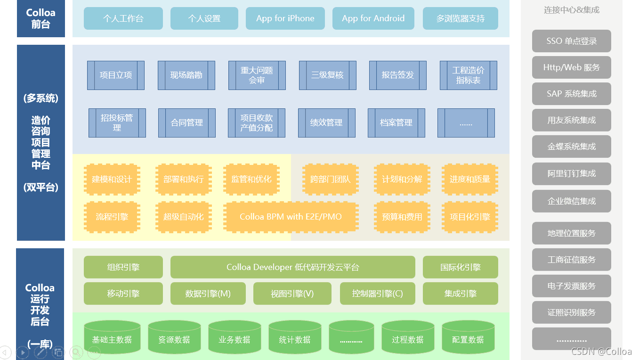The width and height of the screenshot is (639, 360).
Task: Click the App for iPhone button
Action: point(285,18)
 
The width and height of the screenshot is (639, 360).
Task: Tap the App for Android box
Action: point(373,18)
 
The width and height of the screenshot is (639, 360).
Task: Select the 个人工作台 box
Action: point(123,18)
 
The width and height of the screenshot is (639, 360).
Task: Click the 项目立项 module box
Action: point(116,75)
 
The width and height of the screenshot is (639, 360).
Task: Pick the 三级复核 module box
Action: point(327,75)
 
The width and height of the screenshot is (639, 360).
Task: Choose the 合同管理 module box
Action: point(187,123)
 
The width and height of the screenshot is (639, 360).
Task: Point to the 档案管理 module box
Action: point(396,123)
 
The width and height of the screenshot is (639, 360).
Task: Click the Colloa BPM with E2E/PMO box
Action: point(291,217)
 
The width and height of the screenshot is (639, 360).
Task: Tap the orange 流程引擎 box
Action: point(112,217)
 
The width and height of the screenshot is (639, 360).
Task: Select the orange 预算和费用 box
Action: point(402,217)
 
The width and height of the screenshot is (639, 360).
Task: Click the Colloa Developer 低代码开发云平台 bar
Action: point(292,267)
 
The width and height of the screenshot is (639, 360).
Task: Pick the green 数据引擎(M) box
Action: point(208,294)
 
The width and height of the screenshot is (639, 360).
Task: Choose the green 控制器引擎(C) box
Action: point(377,294)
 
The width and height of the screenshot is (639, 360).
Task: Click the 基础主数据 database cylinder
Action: point(112,337)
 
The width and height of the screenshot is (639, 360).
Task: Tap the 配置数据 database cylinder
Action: point(468,337)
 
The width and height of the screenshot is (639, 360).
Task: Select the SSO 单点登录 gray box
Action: point(571,41)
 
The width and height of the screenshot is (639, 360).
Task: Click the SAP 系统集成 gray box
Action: point(571,94)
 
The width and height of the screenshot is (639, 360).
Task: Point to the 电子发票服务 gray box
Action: point(571,286)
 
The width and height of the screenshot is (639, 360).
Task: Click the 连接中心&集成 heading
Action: point(571,10)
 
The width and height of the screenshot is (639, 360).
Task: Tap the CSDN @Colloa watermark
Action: point(601,352)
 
